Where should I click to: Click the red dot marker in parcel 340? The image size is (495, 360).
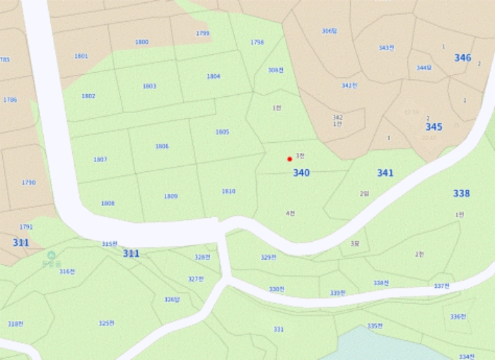[x=289, y=159]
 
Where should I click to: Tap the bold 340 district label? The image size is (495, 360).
[x=301, y=173]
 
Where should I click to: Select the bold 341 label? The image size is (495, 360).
[x=385, y=173]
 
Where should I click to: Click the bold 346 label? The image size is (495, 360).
[x=462, y=58]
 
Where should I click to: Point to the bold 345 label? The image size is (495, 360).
[x=433, y=127]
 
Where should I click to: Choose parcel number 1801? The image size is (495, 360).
[x=81, y=56]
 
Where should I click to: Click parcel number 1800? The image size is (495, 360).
[x=142, y=42]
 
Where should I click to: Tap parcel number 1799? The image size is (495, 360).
[x=203, y=33]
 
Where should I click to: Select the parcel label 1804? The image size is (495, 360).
[x=214, y=76]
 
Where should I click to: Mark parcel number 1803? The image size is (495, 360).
[x=149, y=86]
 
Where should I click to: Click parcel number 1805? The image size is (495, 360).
[x=222, y=132]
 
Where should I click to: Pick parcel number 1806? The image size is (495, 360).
[x=162, y=146]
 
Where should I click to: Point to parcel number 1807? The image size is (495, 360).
[x=100, y=160]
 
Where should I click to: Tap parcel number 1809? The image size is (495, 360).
[x=170, y=196]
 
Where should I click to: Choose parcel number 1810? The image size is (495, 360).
[x=228, y=192]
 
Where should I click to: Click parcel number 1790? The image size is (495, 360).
[x=28, y=182]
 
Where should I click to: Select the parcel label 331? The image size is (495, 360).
[x=279, y=330]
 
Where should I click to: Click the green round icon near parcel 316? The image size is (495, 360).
[x=51, y=255]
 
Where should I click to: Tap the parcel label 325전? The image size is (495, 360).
[x=107, y=323]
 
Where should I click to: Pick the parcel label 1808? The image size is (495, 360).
[x=107, y=203]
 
